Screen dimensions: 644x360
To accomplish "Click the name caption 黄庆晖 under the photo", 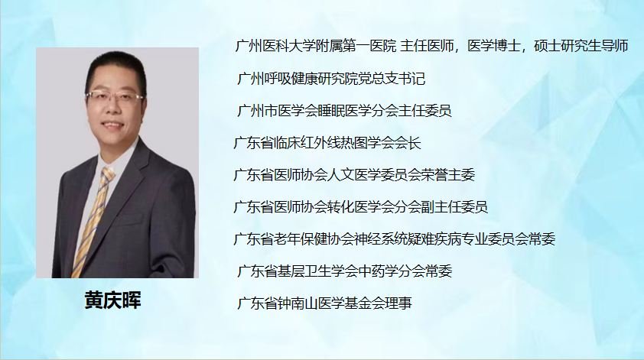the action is point(113,300).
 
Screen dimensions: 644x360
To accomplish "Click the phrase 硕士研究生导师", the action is point(581,46).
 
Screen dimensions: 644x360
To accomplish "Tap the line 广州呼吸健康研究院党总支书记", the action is point(331,78).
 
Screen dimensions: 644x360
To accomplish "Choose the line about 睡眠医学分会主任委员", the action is point(344,110).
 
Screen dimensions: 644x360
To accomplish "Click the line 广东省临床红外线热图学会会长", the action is point(327,142).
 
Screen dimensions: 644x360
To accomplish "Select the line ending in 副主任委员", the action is point(360,206).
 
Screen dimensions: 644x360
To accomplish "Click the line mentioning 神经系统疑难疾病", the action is point(395,238).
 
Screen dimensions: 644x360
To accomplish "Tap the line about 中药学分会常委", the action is point(345,271).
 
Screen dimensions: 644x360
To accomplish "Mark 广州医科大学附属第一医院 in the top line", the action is point(316,46).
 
